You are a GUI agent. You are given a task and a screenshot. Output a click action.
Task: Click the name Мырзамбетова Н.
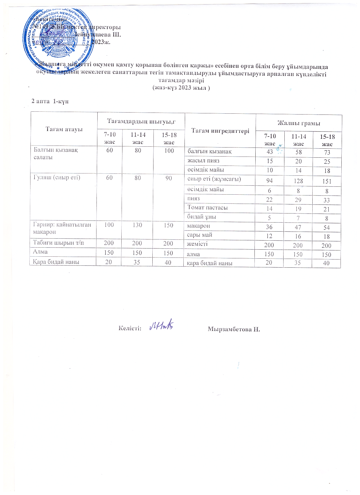[x=234, y=329]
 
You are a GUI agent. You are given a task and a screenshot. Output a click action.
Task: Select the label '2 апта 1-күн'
[x=50, y=101]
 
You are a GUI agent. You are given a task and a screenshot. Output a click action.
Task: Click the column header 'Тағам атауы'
[x=64, y=129]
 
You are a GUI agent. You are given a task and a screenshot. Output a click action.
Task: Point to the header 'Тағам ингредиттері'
[x=220, y=131]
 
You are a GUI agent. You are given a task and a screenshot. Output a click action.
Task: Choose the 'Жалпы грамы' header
[x=299, y=123]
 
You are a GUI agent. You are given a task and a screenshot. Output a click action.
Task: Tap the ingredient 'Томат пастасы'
[x=208, y=208]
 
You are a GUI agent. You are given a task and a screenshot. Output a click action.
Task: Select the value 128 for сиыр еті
[x=298, y=181]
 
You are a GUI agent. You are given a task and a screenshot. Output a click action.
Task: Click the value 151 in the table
[x=327, y=181]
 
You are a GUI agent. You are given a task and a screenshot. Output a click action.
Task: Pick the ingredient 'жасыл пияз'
[x=203, y=161]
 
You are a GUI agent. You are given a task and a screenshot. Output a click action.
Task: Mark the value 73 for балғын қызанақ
[x=327, y=153]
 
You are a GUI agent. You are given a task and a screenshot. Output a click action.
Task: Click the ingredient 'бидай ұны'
[x=202, y=217]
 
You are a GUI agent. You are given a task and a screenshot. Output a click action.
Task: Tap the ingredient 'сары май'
[x=199, y=235]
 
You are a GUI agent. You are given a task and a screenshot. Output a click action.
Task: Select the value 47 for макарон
[x=298, y=227]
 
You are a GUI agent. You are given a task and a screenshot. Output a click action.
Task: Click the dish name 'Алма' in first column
[x=40, y=252]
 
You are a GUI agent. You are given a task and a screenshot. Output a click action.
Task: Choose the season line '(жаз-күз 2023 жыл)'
[x=181, y=88]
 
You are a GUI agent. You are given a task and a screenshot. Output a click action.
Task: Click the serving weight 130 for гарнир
[x=137, y=225]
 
